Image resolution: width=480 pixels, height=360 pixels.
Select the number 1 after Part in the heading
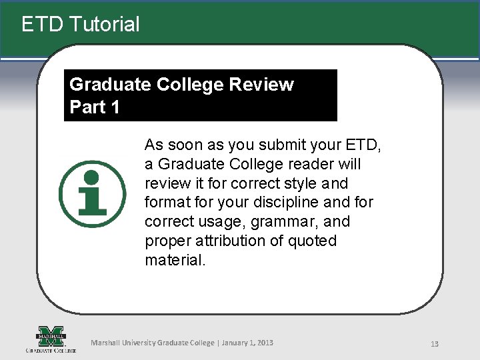114,107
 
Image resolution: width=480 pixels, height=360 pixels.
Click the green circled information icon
92,194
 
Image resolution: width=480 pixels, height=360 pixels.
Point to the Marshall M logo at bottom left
51,336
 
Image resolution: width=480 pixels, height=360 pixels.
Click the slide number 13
434,344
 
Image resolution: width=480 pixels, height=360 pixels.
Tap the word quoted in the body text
313,241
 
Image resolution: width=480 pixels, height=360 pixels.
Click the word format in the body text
166,202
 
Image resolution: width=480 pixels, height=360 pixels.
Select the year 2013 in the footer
264,343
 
